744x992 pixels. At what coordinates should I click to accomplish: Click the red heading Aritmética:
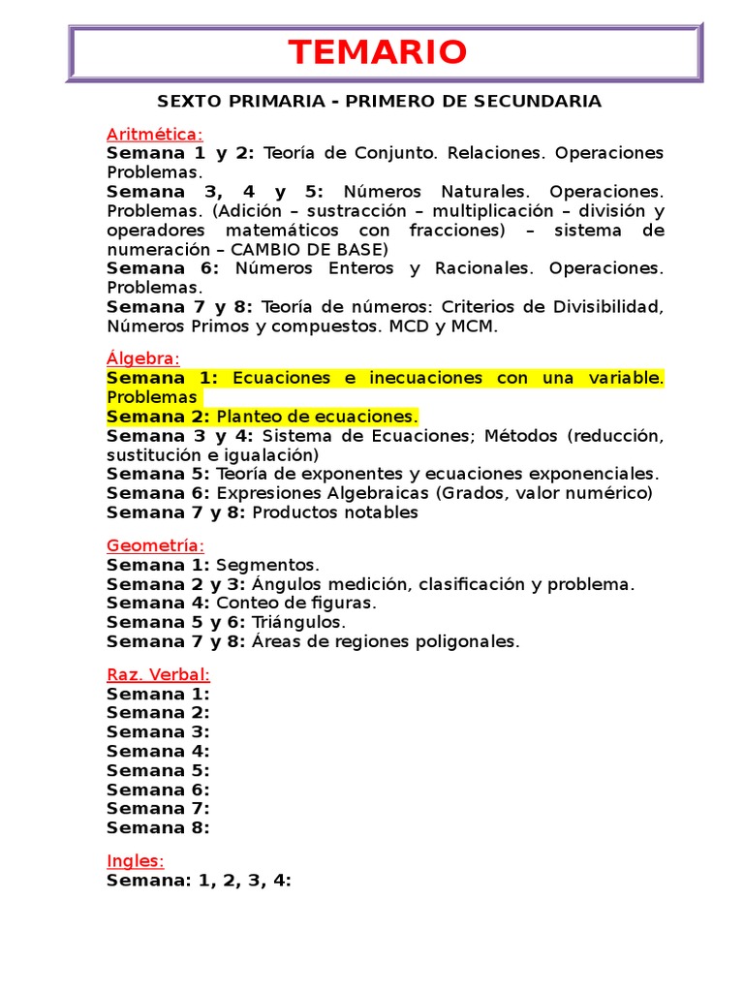(155, 134)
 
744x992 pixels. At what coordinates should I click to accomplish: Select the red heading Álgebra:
(143, 358)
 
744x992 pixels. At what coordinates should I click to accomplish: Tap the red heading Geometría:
(156, 545)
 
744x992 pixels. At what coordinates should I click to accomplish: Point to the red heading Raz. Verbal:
(158, 674)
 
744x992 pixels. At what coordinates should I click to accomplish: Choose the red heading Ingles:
(135, 860)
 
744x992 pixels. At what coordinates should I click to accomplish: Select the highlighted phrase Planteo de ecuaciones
(317, 417)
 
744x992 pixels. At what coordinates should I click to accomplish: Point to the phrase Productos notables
(334, 512)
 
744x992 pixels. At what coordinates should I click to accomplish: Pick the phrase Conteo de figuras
(295, 603)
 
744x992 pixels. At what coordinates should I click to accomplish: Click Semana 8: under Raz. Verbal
(158, 827)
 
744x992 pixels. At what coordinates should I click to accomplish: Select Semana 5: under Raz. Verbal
(158, 770)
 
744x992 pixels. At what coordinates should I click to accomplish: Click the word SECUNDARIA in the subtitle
(543, 102)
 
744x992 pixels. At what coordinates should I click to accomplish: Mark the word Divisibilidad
(604, 307)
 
